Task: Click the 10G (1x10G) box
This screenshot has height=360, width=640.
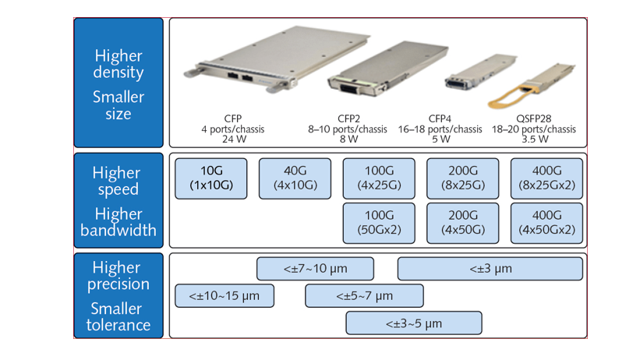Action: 211,178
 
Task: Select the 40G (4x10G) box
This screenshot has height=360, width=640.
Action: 295,178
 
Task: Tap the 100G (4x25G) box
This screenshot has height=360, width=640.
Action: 380,178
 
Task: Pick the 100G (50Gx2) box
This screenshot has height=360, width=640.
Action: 380,223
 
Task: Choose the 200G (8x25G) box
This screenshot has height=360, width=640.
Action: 463,178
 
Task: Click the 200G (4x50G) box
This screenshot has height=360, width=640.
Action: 463,223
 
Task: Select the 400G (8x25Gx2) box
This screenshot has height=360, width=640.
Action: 546,178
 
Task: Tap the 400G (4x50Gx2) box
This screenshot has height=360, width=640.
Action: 546,223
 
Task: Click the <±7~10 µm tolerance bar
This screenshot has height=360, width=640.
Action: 315,269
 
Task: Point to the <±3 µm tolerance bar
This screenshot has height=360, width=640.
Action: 490,269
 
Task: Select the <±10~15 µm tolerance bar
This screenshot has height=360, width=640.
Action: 225,296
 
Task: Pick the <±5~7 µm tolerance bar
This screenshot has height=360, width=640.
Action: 364,296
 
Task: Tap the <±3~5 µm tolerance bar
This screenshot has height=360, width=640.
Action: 413,323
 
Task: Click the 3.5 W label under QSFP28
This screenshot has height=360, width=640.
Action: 534,140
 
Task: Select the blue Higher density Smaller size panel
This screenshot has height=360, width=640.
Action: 118,83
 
